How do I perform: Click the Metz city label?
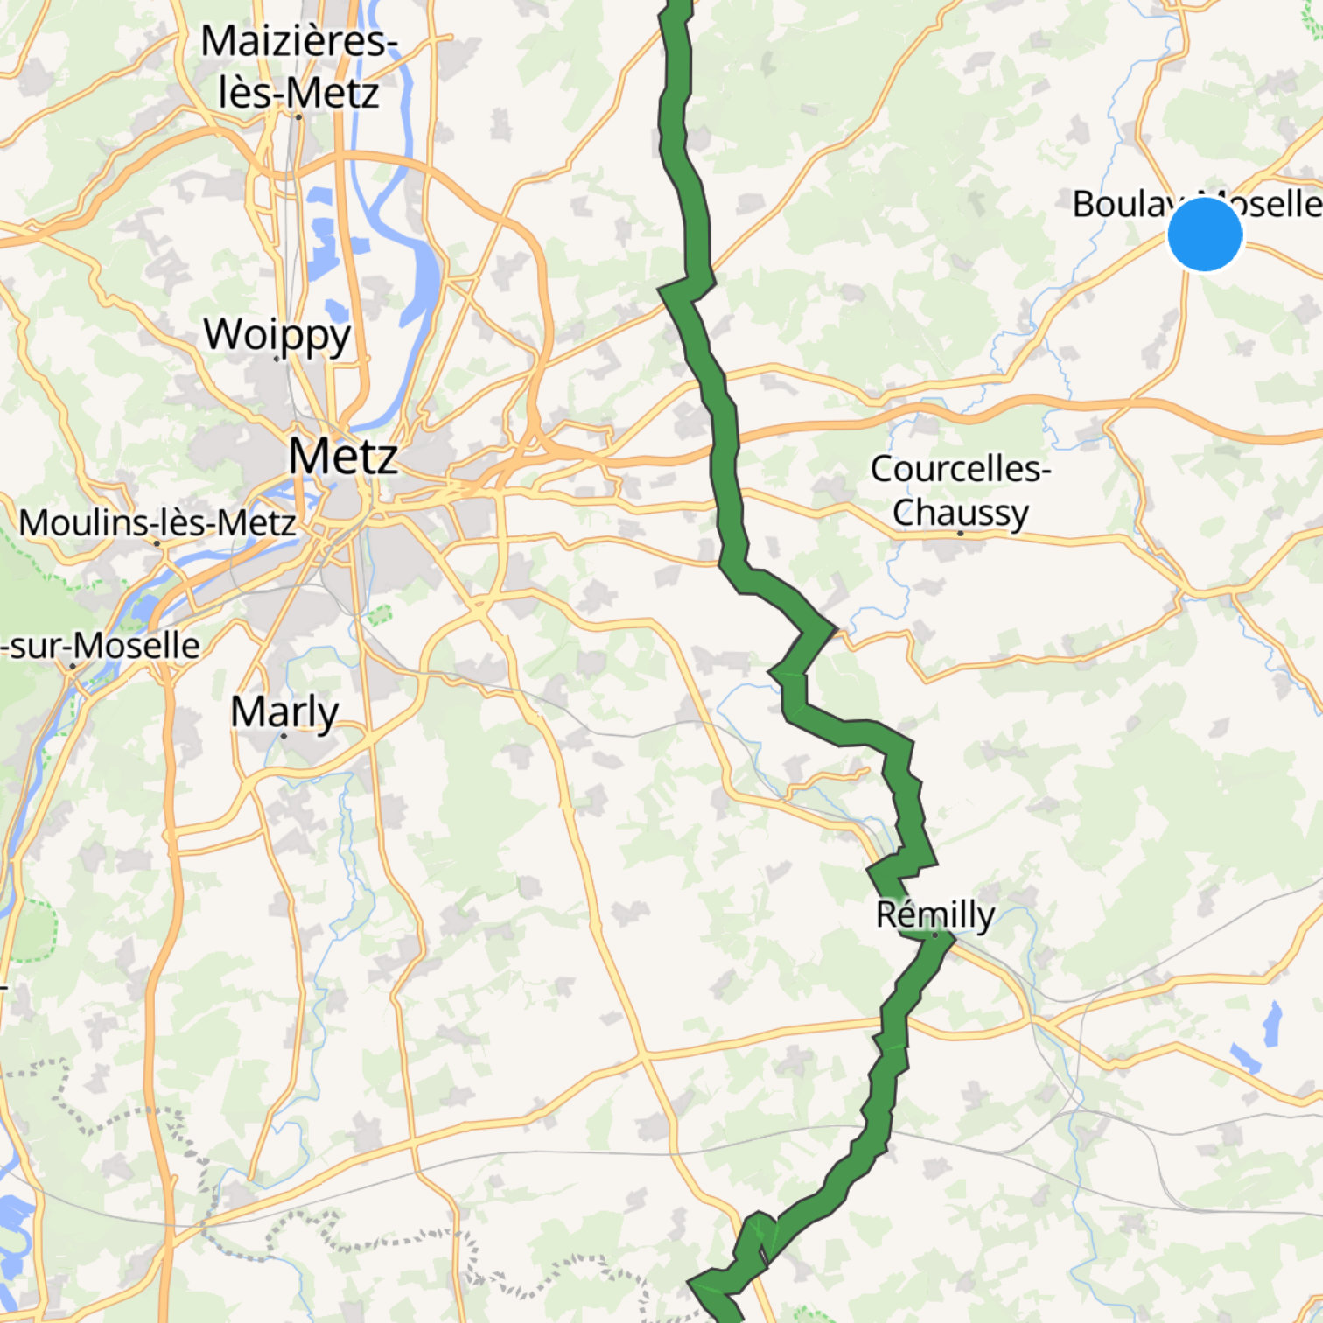pyautogui.click(x=343, y=457)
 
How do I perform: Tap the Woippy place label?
pyautogui.click(x=277, y=335)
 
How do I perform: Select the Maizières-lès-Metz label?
pyautogui.click(x=298, y=67)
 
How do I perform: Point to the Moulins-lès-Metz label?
pyautogui.click(x=157, y=523)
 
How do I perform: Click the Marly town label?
pyautogui.click(x=284, y=712)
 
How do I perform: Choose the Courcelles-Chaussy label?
pyautogui.click(x=960, y=490)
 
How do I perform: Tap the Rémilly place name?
pyautogui.click(x=935, y=915)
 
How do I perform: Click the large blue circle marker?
pyautogui.click(x=1205, y=234)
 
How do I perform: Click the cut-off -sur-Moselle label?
pyautogui.click(x=101, y=646)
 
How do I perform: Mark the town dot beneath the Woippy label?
pyautogui.click(x=276, y=359)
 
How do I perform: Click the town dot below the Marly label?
pyautogui.click(x=283, y=736)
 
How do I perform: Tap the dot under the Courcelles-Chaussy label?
pyautogui.click(x=960, y=533)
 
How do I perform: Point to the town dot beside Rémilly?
pyautogui.click(x=935, y=935)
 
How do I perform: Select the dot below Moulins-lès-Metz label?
pyautogui.click(x=157, y=543)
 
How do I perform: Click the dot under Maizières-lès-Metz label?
pyautogui.click(x=298, y=116)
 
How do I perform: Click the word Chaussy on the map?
pyautogui.click(x=960, y=513)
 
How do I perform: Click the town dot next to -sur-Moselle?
pyautogui.click(x=73, y=667)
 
